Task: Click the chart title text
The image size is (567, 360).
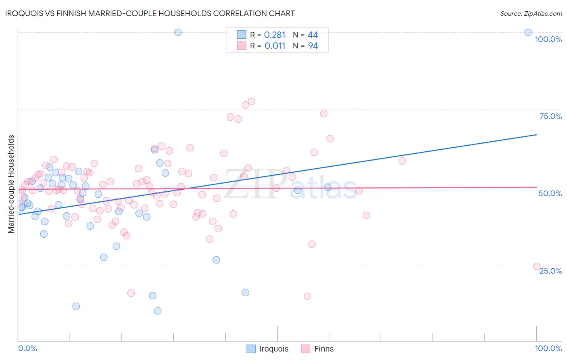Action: coord(150,13)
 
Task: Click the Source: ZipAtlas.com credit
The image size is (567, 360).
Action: coord(531,13)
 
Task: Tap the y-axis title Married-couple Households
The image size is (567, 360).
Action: coord(11,184)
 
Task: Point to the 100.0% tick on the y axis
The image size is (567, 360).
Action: coord(548,39)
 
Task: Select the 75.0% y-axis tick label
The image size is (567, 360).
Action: coord(550,116)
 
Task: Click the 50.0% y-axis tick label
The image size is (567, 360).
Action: coord(550,193)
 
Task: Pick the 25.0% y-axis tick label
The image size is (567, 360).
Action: coord(550,271)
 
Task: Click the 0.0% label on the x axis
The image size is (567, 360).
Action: coord(27,348)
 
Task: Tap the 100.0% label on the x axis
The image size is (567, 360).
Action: coord(548,348)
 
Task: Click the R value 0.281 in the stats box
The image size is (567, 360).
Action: coord(275,35)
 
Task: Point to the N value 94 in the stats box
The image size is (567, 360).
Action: coord(313,46)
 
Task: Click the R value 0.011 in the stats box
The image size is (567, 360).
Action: coord(275,46)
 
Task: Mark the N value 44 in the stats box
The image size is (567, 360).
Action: coord(313,35)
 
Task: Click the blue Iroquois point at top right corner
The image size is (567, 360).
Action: coord(528,32)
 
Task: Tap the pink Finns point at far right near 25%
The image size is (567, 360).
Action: coord(537,266)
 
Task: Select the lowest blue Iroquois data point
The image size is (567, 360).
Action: coord(158,311)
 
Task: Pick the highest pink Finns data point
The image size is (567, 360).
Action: coord(251,101)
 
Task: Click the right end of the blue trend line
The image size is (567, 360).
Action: coord(536,135)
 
